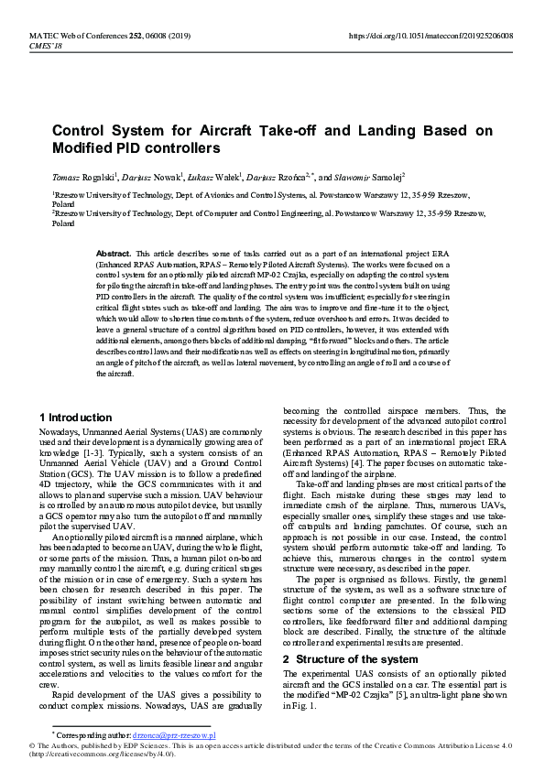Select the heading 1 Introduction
click(75, 418)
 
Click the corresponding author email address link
click(174, 734)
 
